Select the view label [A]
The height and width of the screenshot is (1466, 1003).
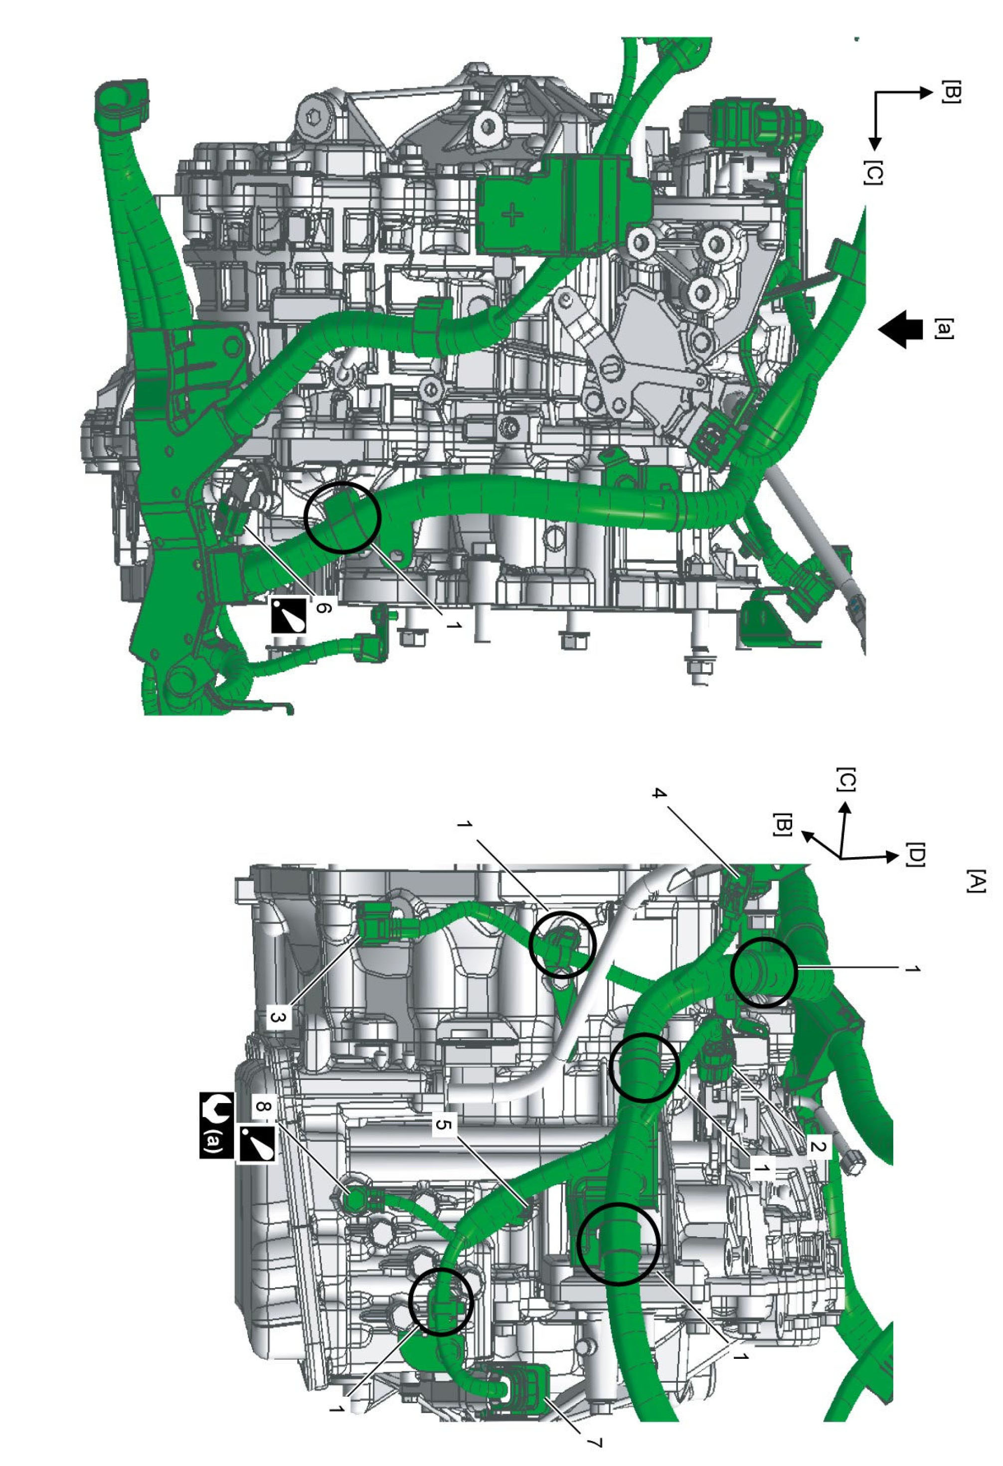pyautogui.click(x=974, y=881)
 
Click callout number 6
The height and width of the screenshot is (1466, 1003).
pyautogui.click(x=322, y=607)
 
